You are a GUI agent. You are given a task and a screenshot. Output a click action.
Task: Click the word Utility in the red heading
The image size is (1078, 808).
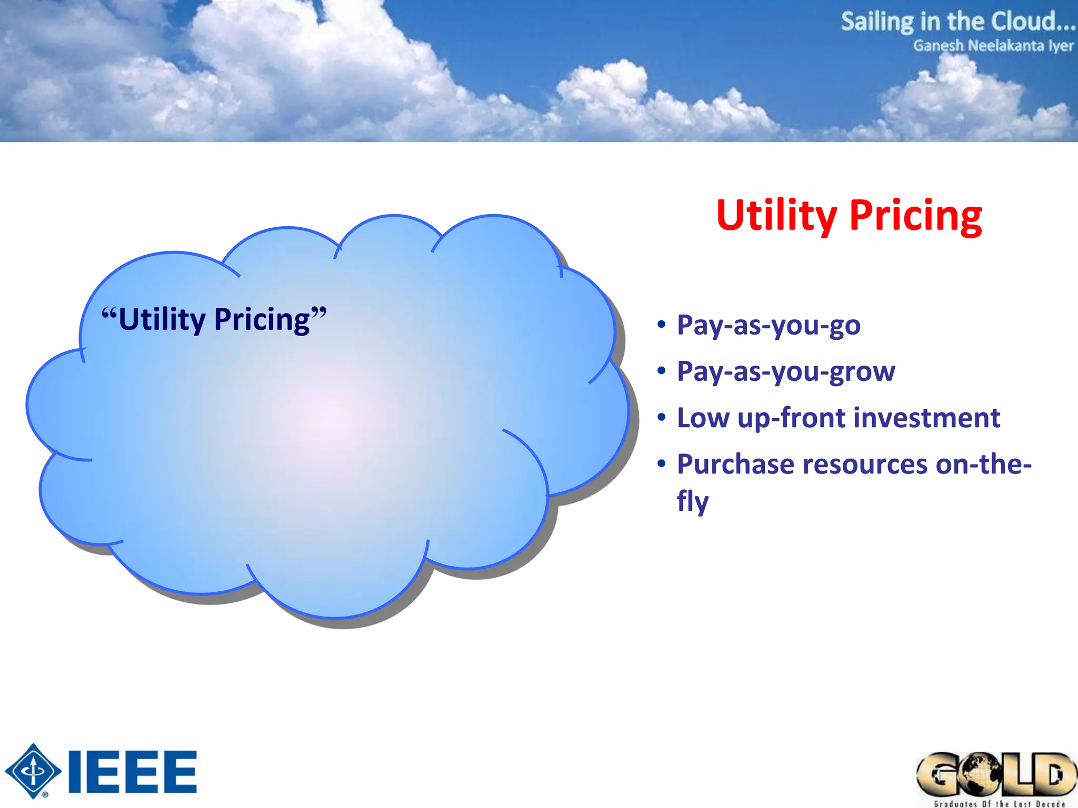(776, 215)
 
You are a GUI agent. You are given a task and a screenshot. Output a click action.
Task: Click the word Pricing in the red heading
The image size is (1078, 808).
(915, 215)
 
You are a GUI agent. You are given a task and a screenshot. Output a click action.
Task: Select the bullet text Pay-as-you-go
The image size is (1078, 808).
(768, 325)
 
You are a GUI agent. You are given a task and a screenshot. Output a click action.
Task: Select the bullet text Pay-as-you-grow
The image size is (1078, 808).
(786, 371)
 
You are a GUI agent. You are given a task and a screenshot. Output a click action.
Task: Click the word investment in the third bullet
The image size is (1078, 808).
(926, 418)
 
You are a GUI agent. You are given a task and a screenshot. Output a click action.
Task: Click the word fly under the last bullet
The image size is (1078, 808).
(692, 501)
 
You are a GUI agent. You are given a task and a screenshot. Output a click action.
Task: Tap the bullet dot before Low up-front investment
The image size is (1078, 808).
(662, 418)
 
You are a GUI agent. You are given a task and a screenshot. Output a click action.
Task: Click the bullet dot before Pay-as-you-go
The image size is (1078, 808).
(662, 325)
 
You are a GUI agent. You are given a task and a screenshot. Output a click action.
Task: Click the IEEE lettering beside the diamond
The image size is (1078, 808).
(133, 772)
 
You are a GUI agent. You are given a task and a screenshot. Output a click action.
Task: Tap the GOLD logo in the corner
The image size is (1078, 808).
(996, 774)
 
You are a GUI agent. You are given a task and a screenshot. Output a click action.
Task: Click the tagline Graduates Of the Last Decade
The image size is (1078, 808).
(999, 803)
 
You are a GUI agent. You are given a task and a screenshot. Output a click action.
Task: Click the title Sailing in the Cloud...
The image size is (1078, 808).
(957, 22)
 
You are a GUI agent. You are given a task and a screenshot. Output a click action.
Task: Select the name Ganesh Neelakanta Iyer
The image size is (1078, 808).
(993, 46)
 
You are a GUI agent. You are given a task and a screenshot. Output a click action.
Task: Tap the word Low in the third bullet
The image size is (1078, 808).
(703, 418)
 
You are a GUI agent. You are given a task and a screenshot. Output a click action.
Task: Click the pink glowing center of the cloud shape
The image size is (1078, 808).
(329, 418)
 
